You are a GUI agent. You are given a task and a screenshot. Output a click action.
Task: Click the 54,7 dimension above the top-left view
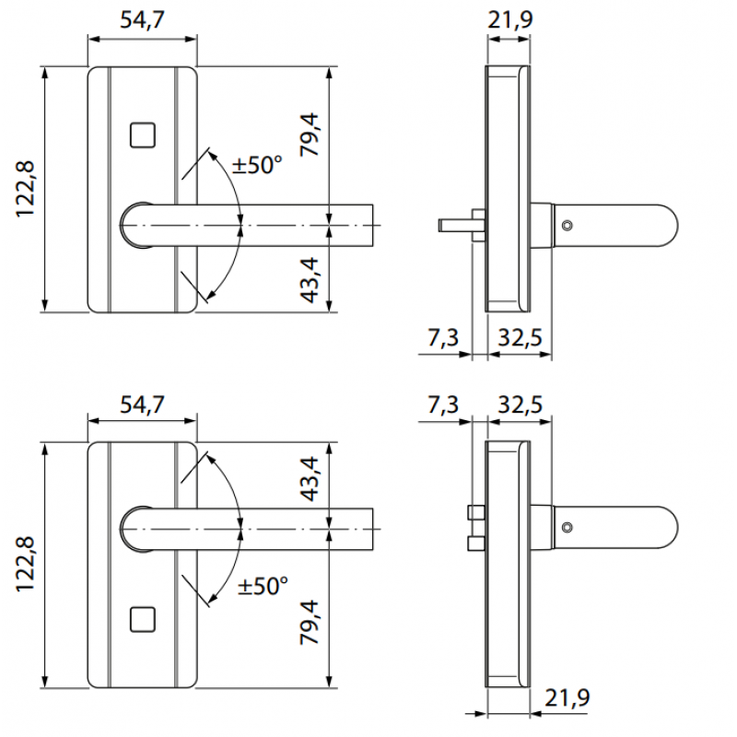tap(142, 19)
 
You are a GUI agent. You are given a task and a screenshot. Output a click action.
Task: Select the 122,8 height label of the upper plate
tap(25, 189)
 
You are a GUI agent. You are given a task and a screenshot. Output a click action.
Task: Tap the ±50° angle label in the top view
tap(257, 166)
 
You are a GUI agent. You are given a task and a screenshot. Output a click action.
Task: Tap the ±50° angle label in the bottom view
tap(263, 586)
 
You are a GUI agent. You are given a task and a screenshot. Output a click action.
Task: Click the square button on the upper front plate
tap(142, 135)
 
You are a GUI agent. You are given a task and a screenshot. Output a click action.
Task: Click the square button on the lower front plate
tap(142, 620)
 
